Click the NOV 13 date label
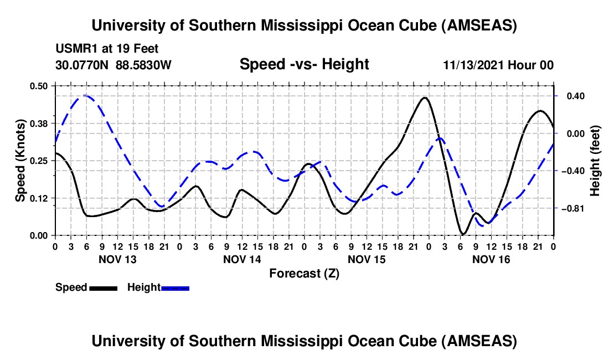(117, 259)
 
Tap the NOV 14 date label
(242, 259)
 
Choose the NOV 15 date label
(367, 259)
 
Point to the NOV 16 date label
(491, 259)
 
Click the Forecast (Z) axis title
(304, 273)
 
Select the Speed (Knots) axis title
(20, 160)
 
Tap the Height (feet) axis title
(595, 160)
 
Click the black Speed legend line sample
(104, 287)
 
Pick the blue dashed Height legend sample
(176, 287)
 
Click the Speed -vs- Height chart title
(304, 64)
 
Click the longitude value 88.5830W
(144, 65)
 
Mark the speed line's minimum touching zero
(463, 234)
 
